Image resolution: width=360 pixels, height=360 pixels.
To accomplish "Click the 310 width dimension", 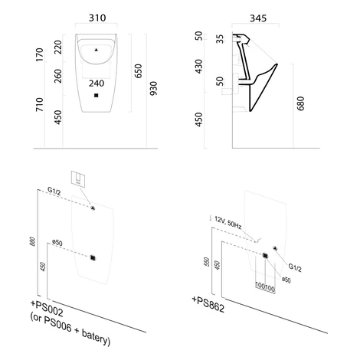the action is tap(97, 18).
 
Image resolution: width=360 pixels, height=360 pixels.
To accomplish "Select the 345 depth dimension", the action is tap(258, 18).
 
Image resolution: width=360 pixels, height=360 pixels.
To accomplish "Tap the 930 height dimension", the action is tap(153, 89).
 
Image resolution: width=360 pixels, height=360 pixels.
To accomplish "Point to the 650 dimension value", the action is tap(138, 71).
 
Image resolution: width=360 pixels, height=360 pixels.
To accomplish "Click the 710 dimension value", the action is tap(40, 104).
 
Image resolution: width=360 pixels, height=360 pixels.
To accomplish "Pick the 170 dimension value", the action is tap(40, 54).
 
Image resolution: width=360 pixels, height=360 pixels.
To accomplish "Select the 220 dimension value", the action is tap(58, 47).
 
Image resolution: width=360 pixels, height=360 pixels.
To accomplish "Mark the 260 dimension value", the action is tap(58, 76).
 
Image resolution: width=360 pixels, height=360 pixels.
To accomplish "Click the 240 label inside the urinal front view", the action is tap(97, 83).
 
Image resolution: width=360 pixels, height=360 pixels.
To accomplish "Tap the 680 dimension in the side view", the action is tap(301, 103).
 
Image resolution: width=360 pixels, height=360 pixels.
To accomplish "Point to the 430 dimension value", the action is tap(198, 67).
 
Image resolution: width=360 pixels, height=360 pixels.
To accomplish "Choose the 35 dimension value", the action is tap(220, 39).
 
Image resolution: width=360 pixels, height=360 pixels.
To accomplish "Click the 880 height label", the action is tap(33, 241).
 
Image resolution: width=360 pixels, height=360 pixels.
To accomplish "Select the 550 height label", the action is tap(207, 262).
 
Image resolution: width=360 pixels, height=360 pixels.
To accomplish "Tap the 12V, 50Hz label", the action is tap(228, 222).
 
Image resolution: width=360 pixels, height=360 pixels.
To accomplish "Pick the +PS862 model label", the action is tap(208, 304).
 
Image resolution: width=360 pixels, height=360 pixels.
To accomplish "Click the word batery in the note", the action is tap(95, 338).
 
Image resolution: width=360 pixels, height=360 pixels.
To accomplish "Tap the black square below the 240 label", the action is tap(97, 96).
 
